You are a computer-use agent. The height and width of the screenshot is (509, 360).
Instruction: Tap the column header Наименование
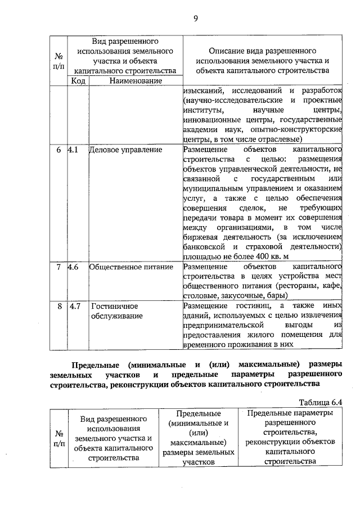132,81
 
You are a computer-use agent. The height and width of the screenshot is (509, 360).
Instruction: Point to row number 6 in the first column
58,150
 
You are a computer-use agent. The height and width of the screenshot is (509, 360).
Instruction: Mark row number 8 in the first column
58,306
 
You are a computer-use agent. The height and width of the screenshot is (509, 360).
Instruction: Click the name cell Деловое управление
125,150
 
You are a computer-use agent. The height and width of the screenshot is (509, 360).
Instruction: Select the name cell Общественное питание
130,267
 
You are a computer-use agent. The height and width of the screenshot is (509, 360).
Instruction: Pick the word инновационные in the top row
209,120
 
